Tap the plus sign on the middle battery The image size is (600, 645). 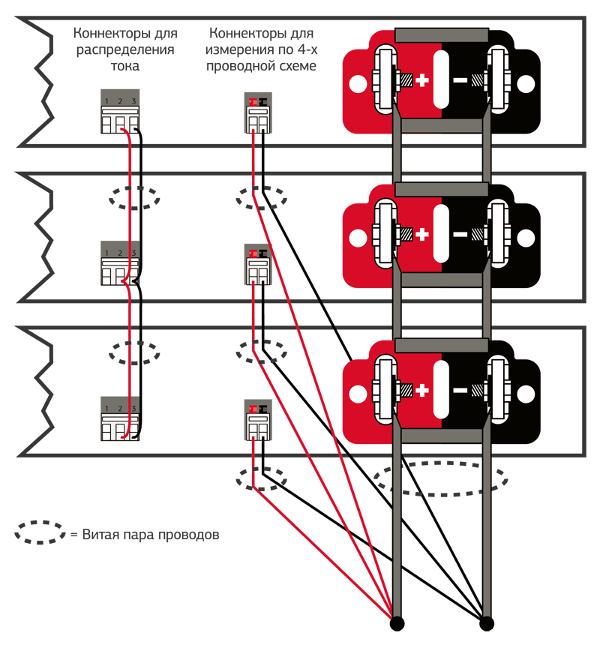click(422, 235)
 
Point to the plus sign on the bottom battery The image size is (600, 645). click(422, 391)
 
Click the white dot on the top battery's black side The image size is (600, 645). click(526, 82)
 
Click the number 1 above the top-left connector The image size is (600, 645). click(107, 101)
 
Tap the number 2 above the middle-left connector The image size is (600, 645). click(120, 253)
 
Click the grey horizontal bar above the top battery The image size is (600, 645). click(442, 35)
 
